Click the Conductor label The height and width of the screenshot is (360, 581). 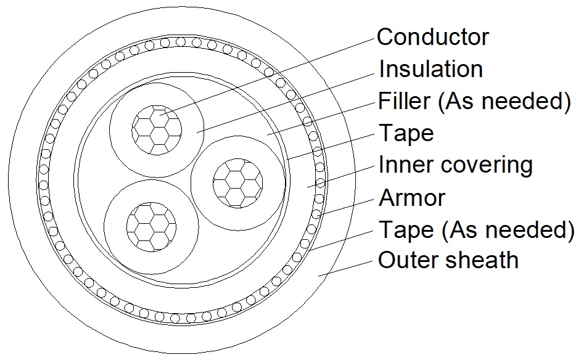[x=433, y=37]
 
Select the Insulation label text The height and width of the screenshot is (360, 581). [x=431, y=69]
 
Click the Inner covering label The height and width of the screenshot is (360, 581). [x=455, y=165]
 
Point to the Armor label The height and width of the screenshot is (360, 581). [x=411, y=198]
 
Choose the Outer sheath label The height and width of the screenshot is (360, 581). [x=448, y=260]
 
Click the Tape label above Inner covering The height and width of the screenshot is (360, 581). [x=406, y=134]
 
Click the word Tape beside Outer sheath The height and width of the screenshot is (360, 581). [x=406, y=231]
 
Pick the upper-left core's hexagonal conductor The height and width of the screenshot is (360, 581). [x=157, y=130]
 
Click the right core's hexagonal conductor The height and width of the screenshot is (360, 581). [x=238, y=183]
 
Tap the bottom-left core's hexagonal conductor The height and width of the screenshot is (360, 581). [x=151, y=227]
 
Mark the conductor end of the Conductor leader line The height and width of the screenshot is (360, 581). [x=160, y=115]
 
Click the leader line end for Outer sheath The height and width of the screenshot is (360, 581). [x=318, y=276]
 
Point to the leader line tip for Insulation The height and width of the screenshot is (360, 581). [x=197, y=132]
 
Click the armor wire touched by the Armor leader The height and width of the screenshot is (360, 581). [x=316, y=214]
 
